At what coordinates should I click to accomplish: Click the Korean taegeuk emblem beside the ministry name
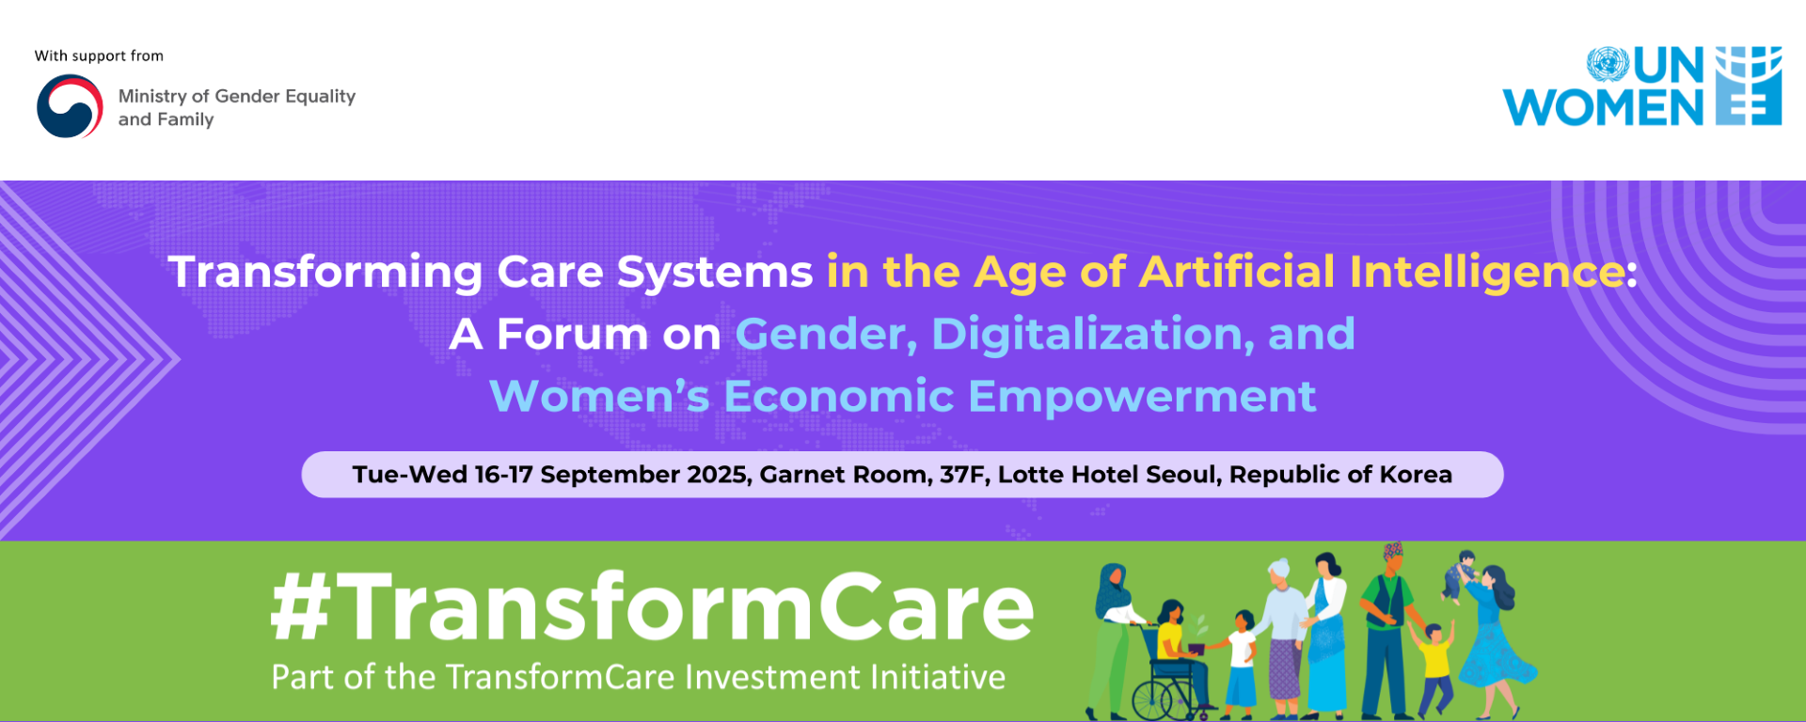70,106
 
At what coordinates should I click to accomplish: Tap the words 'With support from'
99,56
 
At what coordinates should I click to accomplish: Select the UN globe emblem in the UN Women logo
1608,64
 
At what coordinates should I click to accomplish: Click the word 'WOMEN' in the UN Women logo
1604,107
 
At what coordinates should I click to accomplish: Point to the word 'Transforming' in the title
325,273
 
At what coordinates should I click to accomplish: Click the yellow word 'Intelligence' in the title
1486,273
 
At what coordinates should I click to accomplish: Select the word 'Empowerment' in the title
1142,397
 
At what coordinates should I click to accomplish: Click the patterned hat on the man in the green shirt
1393,550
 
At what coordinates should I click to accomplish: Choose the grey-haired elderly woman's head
1280,573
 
